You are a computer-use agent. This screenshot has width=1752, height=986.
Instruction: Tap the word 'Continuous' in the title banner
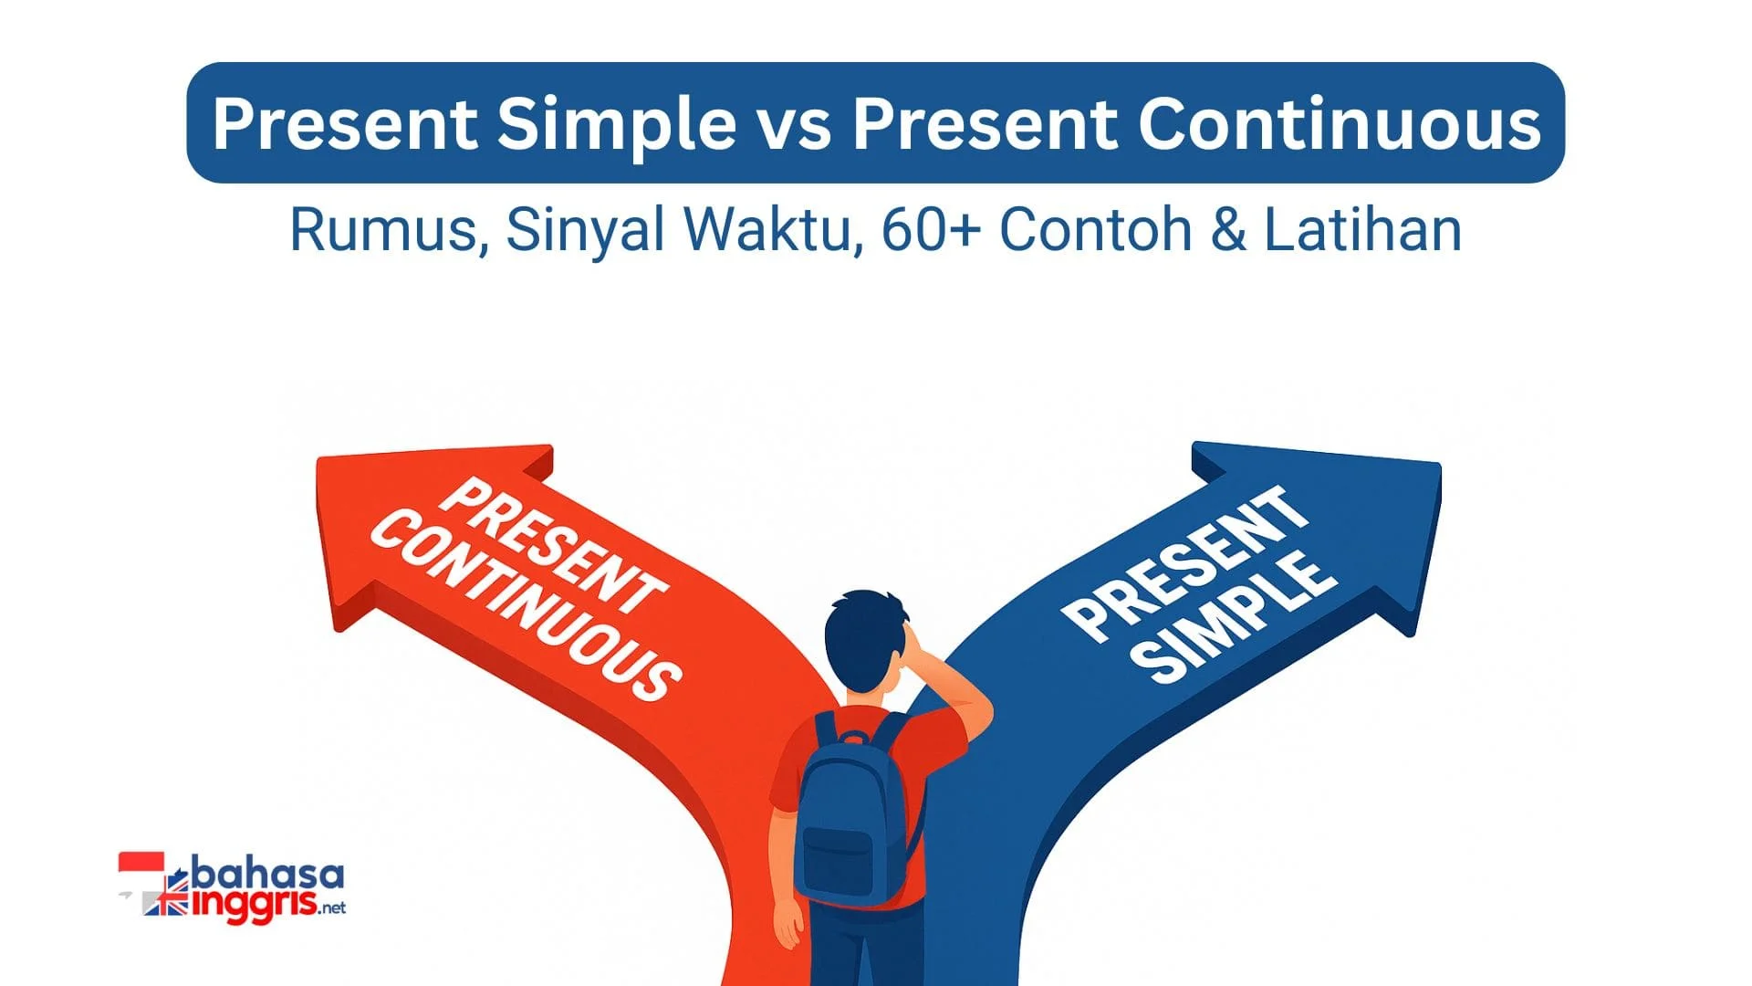point(1339,123)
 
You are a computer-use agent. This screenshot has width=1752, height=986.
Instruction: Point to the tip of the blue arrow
point(1439,465)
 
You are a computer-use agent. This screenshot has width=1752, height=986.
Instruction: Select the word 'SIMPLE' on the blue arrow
point(1239,619)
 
